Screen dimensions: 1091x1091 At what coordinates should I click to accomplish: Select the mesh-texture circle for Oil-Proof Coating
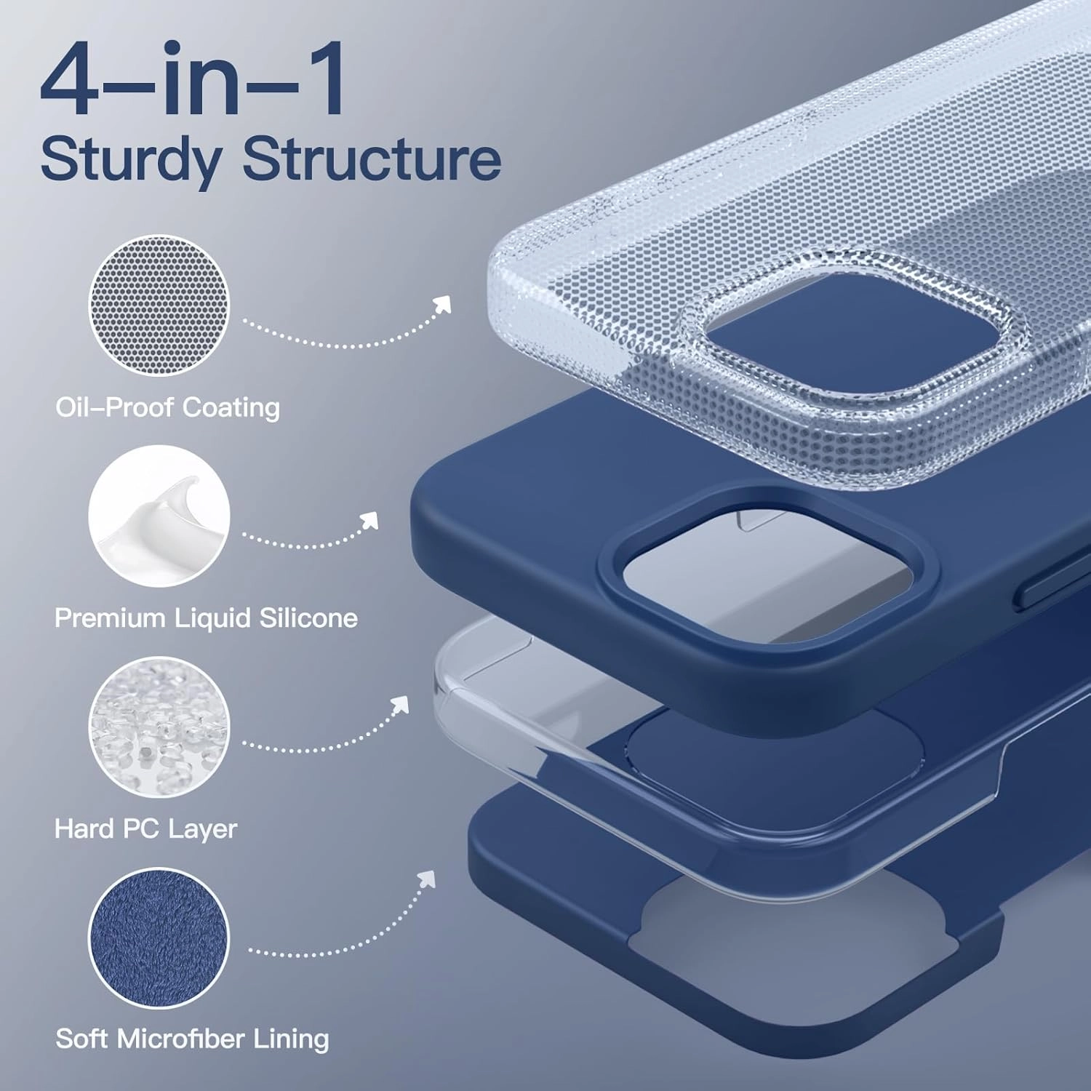(159, 305)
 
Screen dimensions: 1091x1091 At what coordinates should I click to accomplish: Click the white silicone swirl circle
(159, 516)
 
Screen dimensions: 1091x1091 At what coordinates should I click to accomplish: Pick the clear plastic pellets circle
(159, 727)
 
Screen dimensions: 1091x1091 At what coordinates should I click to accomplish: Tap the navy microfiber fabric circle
(159, 938)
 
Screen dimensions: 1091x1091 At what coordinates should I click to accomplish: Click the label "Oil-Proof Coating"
(167, 407)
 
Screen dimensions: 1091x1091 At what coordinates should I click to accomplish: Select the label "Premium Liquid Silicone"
(206, 618)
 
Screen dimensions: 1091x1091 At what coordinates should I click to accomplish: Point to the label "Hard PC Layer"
(145, 828)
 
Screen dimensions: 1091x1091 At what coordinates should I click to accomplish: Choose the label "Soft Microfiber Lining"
(192, 1039)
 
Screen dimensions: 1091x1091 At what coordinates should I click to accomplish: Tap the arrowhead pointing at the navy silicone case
(371, 519)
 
